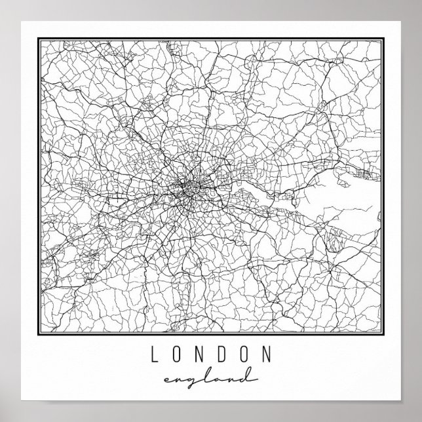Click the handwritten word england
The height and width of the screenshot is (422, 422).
coord(211,379)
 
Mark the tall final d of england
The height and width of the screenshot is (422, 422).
coord(248,375)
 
